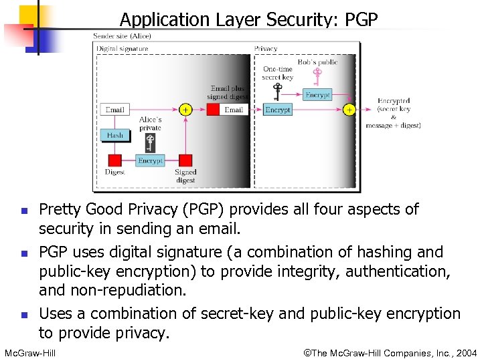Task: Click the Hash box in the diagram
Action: [x=115, y=134]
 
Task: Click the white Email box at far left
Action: [x=114, y=109]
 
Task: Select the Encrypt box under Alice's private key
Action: [x=150, y=160]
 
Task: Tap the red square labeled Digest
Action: [x=114, y=160]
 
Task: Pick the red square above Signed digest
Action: [x=185, y=160]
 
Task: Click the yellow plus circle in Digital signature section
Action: [x=185, y=109]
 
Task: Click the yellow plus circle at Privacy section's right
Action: [x=349, y=109]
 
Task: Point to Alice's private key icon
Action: [x=151, y=142]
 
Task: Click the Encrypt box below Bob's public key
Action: [x=317, y=95]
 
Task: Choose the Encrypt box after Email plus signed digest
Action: [x=277, y=109]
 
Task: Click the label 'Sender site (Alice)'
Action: [x=122, y=36]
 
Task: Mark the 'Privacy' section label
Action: [x=266, y=49]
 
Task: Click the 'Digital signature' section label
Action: [x=123, y=49]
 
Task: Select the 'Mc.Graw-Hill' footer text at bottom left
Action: [x=29, y=352]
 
